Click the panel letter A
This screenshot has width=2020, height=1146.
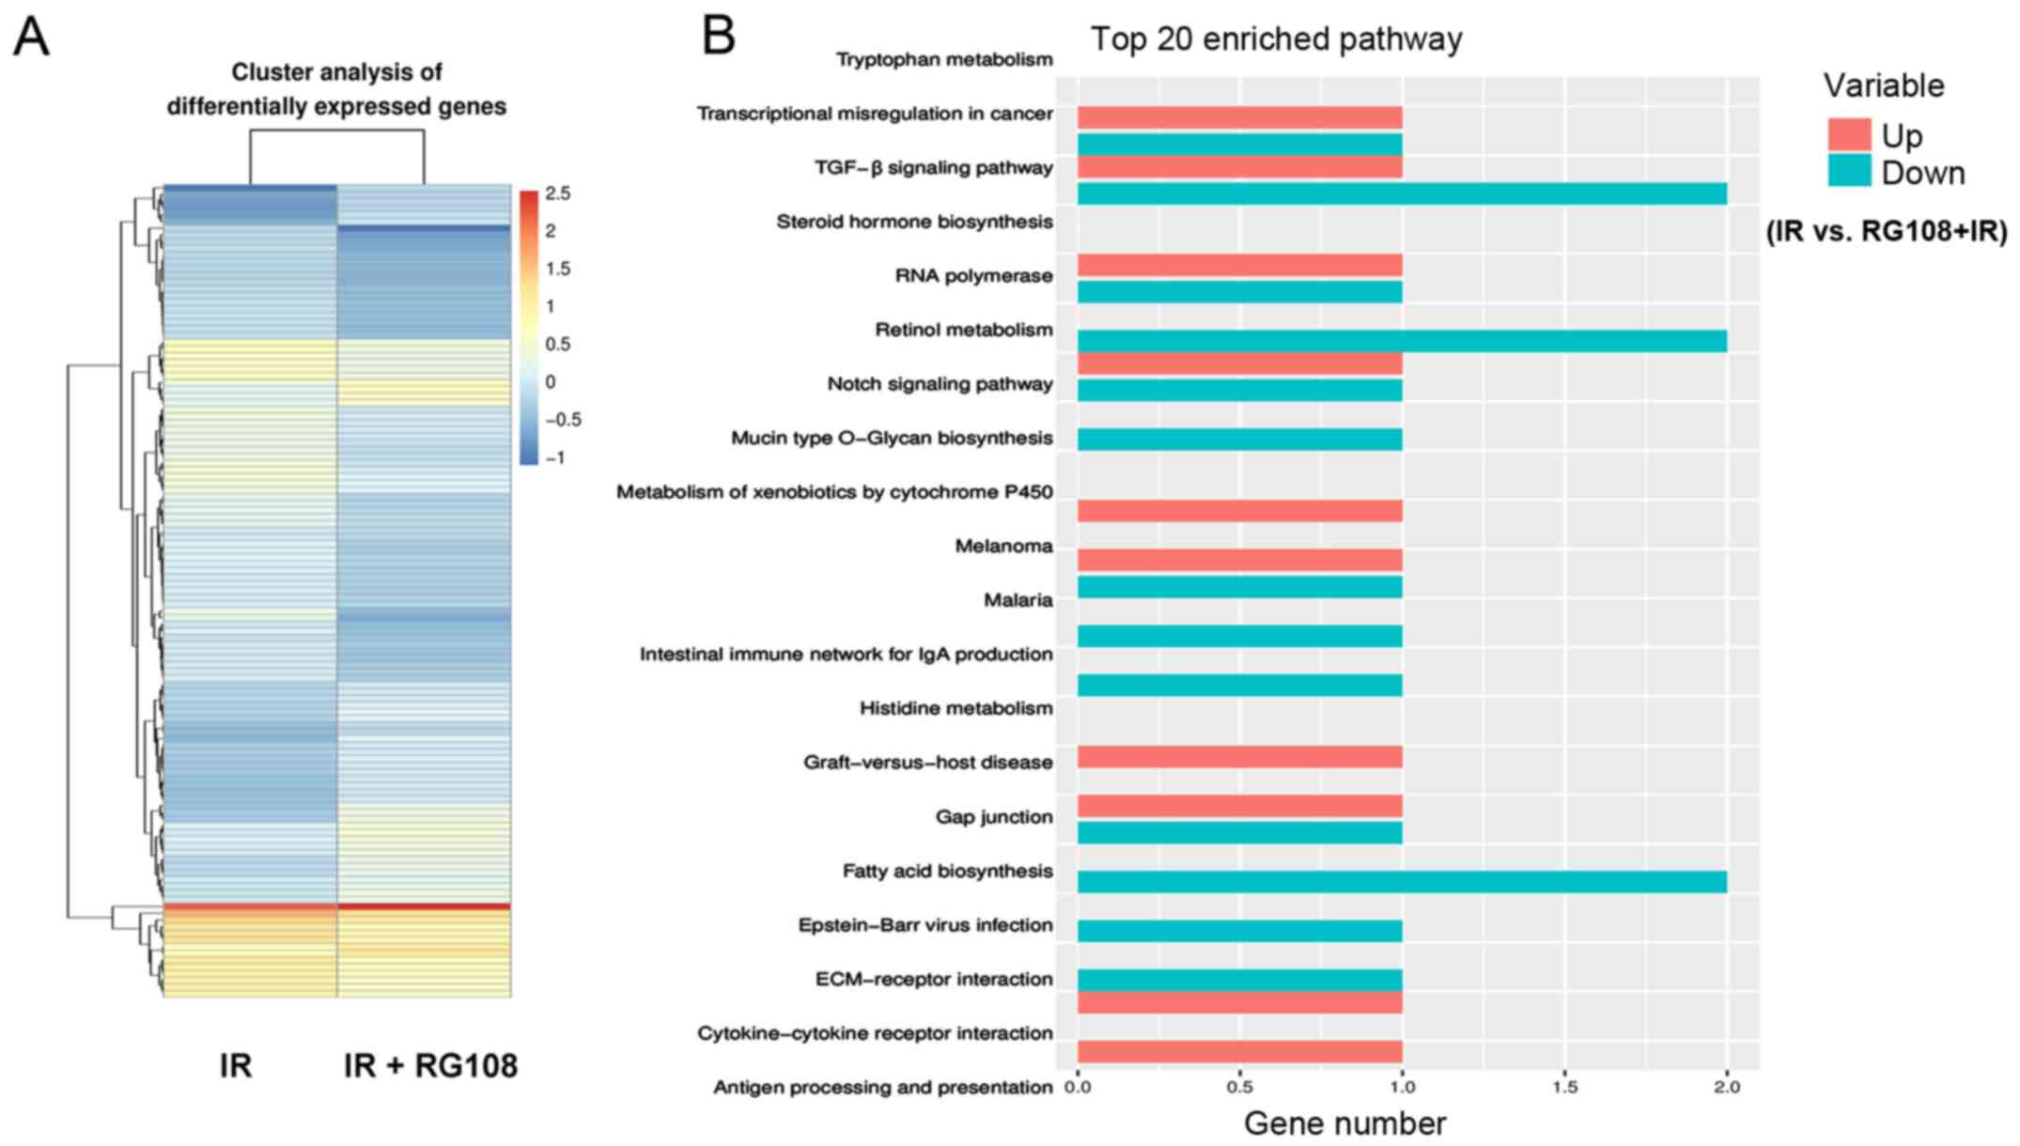[x=31, y=39]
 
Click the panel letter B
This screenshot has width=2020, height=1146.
[x=719, y=36]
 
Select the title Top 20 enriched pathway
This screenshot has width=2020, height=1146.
[x=1276, y=39]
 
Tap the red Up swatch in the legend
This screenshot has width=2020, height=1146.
[x=1849, y=135]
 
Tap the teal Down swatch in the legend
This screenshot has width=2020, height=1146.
[x=1849, y=172]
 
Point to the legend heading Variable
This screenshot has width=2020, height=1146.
[x=1884, y=86]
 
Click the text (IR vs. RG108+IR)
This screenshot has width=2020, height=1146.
[x=1887, y=231]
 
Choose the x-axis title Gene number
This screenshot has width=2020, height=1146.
[x=1344, y=1123]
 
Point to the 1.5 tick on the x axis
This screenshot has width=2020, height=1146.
[x=1564, y=1087]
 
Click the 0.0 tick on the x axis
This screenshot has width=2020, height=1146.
[x=1078, y=1087]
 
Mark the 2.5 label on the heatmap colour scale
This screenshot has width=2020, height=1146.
[x=557, y=194]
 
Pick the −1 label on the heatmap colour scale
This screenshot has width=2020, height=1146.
[x=555, y=458]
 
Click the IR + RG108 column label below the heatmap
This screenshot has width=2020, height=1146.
[x=430, y=1066]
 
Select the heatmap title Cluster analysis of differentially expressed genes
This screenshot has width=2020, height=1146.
[x=336, y=89]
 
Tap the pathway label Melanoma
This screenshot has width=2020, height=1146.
[x=1003, y=547]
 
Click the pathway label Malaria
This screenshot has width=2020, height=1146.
[x=1018, y=600]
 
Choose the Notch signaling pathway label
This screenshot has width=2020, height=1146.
[x=940, y=384]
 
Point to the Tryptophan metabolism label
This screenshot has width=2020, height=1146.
[x=944, y=60]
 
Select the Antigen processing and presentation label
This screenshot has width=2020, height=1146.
[x=882, y=1088]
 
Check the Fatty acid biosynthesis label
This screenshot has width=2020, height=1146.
[x=947, y=872]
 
